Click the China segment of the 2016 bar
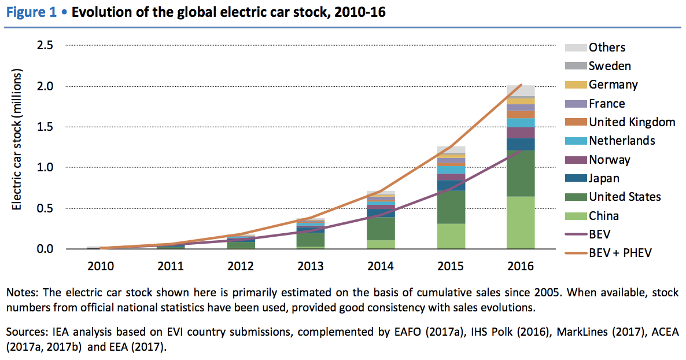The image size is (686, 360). tap(521, 223)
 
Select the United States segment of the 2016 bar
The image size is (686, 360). tap(521, 173)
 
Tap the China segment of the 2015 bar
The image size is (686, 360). tap(451, 236)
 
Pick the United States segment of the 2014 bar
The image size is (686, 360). tap(381, 229)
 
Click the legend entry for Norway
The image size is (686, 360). tap(610, 160)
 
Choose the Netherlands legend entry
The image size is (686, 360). tap(622, 141)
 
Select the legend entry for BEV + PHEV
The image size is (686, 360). tap(620, 254)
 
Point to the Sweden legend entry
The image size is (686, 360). tap(610, 66)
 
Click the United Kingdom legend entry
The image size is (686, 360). tap(632, 122)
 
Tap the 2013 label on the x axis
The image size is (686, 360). tap(311, 266)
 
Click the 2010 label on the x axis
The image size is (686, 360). tap(101, 266)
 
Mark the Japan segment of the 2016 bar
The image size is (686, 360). tap(521, 144)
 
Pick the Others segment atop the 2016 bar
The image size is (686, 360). tap(521, 90)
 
